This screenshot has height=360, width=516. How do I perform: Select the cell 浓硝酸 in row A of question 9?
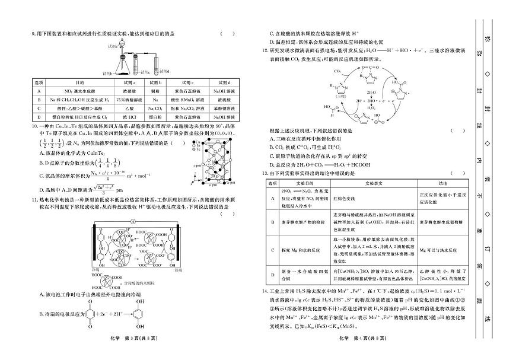pos(130,91)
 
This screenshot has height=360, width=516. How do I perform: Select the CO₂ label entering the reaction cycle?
pos(336,71)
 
